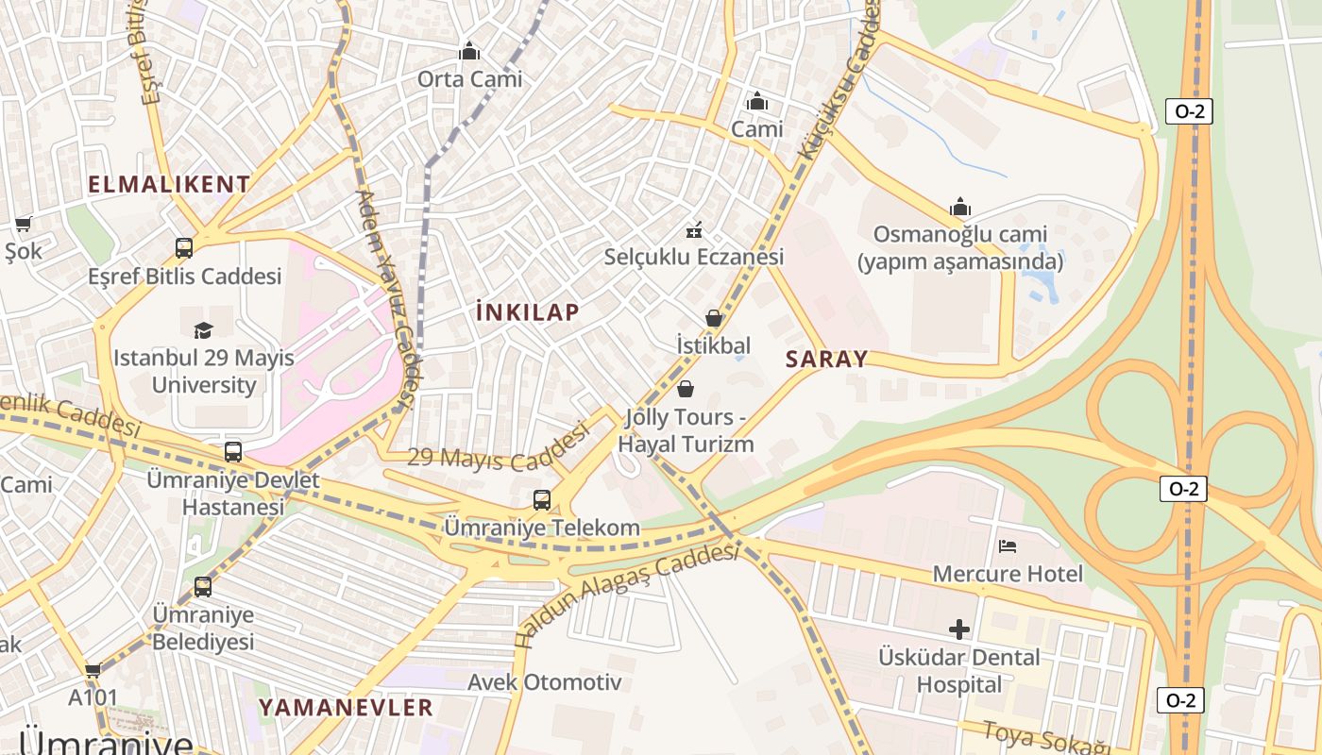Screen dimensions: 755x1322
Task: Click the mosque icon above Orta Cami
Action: coord(469,51)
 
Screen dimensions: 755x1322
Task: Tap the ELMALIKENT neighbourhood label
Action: coord(170,184)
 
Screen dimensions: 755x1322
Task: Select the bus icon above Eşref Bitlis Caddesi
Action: coord(184,248)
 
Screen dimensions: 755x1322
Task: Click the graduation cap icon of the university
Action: coord(203,330)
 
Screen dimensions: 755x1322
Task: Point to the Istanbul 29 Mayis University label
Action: coord(204,372)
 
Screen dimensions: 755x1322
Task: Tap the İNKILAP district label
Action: coord(528,312)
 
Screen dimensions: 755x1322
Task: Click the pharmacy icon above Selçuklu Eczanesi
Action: coord(694,229)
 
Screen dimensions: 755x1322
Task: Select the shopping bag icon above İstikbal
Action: coord(714,318)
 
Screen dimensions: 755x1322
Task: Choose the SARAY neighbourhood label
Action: coord(826,359)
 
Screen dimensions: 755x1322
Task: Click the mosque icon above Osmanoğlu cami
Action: coord(960,208)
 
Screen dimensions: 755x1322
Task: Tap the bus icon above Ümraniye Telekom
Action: coord(542,500)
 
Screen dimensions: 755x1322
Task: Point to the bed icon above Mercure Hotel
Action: coord(1008,545)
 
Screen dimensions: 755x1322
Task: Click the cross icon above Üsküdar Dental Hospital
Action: coord(959,629)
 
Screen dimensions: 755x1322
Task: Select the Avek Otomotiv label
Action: coord(545,681)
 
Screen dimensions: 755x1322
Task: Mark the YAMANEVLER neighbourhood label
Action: coord(346,707)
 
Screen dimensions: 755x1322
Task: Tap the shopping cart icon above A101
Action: coord(93,671)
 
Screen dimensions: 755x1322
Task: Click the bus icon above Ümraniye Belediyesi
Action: coord(203,587)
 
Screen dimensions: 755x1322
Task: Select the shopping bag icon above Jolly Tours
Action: coord(686,389)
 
